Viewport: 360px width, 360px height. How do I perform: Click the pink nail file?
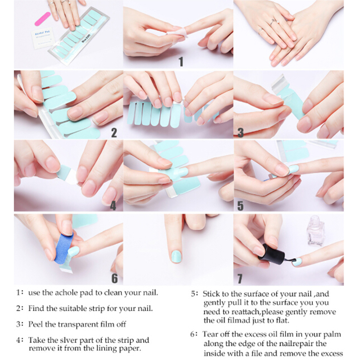coord(42,19)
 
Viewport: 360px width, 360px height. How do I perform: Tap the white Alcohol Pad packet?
coord(43,38)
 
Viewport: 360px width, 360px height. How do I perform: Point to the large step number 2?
coord(114,133)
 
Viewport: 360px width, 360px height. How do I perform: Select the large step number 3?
coord(240,133)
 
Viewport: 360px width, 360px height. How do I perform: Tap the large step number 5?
coord(240,206)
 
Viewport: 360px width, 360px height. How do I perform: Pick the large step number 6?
coord(115,278)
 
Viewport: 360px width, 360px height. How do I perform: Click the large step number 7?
coord(240,279)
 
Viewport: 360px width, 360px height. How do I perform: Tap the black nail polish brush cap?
coord(271,254)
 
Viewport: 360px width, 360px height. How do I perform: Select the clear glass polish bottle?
coord(316,231)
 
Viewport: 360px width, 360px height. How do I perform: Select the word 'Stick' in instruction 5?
coord(211,294)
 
